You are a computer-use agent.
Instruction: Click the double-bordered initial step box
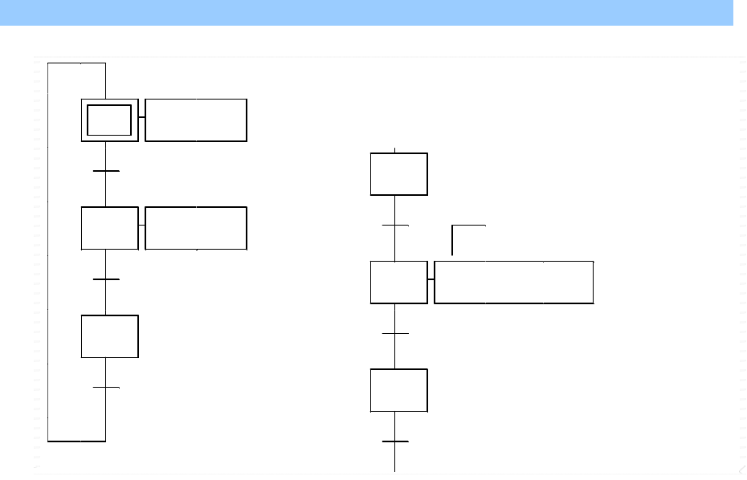109,120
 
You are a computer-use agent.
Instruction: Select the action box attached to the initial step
196,120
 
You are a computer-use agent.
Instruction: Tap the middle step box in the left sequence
109,228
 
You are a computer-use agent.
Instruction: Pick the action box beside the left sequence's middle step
196,228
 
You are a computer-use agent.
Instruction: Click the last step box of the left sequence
109,336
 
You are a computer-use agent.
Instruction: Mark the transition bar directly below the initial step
106,171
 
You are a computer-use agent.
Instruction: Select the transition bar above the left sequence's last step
106,279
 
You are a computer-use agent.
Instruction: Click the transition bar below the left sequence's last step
106,388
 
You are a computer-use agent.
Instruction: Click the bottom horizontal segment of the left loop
76,441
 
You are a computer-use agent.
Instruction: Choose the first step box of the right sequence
398,173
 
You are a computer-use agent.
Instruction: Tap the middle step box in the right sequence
398,282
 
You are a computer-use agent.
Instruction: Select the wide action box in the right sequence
514,282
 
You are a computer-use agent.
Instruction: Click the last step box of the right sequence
398,390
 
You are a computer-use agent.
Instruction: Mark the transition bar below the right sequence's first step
395,226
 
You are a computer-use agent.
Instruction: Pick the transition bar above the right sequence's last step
395,333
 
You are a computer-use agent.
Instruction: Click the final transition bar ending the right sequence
395,441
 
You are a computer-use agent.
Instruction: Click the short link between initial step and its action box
141,116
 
